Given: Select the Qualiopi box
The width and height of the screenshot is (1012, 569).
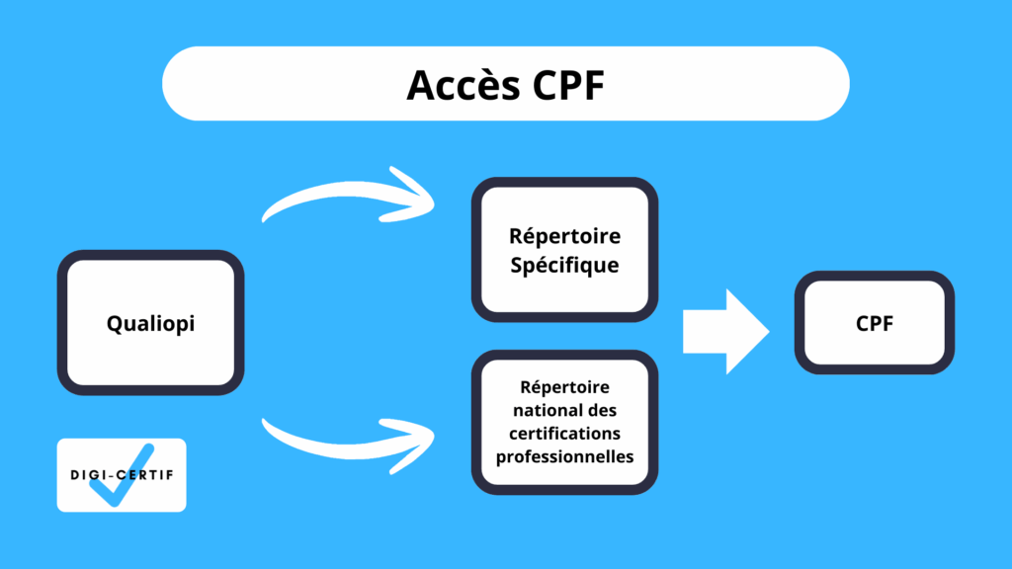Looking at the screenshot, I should (150, 322).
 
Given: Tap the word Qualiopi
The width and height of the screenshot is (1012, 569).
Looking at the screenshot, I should (150, 323).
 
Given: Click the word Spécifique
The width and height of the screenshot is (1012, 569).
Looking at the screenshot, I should (564, 265).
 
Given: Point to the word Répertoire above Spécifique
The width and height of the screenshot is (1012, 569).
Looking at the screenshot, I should (564, 236).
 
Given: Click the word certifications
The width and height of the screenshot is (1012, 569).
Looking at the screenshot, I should (564, 433).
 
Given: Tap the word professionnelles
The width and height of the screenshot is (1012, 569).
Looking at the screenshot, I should (564, 455).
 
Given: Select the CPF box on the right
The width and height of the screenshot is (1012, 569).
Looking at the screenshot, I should (875, 323).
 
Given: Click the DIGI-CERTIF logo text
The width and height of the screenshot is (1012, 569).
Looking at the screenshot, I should (121, 474).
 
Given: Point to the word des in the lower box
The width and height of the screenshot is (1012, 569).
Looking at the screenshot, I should (601, 409).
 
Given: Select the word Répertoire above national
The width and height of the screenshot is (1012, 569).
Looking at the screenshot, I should (564, 386).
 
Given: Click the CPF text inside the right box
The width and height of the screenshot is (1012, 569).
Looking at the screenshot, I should (875, 323).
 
